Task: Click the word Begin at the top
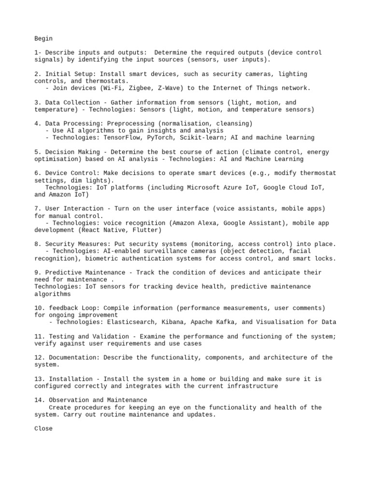click(x=43, y=39)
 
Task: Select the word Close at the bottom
click(x=43, y=429)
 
